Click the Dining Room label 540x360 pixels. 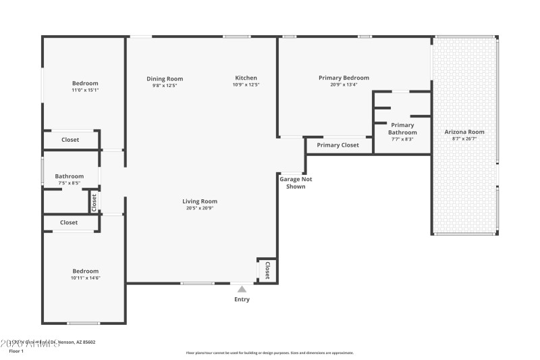coord(165,79)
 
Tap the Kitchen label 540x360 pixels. coord(246,78)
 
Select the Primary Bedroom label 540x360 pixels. coord(344,78)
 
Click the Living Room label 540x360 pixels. coord(200,201)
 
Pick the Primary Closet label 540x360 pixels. coord(337,145)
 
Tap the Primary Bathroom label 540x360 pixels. coord(402,128)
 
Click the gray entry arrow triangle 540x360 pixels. coord(242,289)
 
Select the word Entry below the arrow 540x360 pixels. coord(242,299)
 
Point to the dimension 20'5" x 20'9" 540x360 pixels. coord(200,208)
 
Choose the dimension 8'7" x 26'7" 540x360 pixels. coord(464,139)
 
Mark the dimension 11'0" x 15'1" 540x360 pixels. coord(85,90)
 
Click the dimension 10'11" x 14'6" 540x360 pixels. coord(85,278)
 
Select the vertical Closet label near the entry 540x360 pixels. coord(267,270)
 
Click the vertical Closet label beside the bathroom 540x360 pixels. coord(94,201)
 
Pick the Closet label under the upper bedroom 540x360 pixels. coord(70,140)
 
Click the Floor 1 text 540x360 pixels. coord(16,351)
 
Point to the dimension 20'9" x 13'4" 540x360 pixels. coord(344,85)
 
